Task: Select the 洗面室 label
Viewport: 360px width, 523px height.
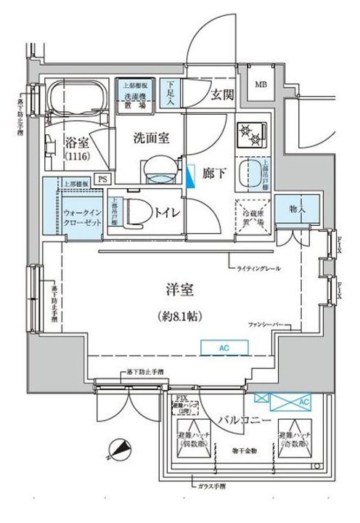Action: pyautogui.click(x=150, y=137)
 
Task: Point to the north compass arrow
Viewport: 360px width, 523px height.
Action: pyautogui.click(x=119, y=450)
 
